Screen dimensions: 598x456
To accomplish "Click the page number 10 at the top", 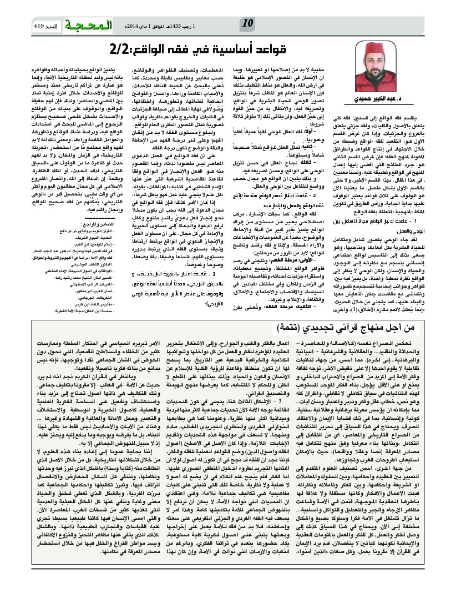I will coord(248,23).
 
